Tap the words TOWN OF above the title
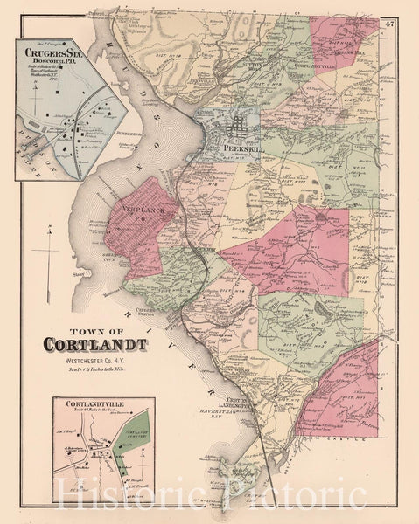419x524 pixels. (94, 324)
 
